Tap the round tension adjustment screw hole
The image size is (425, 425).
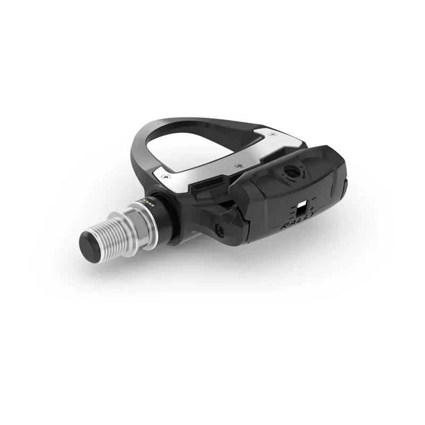pyautogui.click(x=292, y=172)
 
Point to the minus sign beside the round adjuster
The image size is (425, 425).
pyautogui.click(x=283, y=181)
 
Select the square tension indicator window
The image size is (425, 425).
pyautogui.click(x=302, y=207)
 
